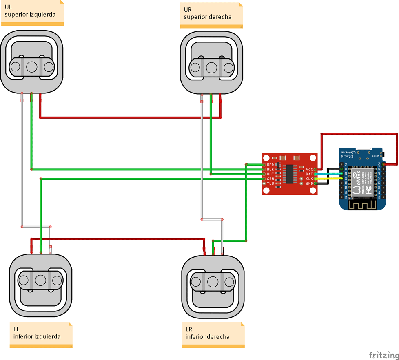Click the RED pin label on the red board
pyautogui.click(x=270, y=164)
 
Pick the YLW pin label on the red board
pyautogui.click(x=270, y=183)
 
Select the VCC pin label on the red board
pyautogui.click(x=309, y=169)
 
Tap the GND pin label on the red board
pyautogui.click(x=309, y=183)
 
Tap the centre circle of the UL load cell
pyautogui.click(x=32, y=66)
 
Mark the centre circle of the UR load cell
pyautogui.click(x=211, y=66)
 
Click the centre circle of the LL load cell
pyautogui.click(x=40, y=280)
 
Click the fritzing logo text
pyautogui.click(x=383, y=355)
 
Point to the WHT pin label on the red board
pyautogui.click(x=270, y=174)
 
